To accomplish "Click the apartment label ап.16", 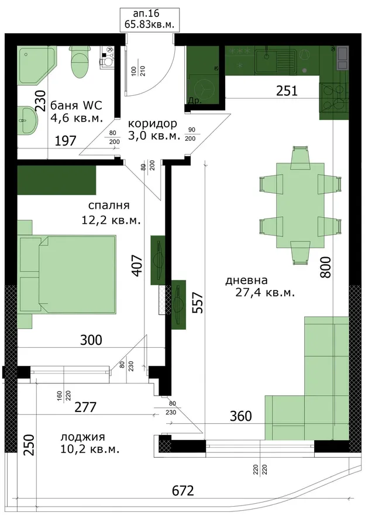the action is point(146,14).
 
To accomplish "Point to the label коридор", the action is point(153,124).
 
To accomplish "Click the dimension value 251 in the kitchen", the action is point(287,91).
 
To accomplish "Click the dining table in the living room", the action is point(300,205).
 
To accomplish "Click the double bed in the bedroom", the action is point(67,275).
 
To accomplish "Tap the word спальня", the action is point(109,205).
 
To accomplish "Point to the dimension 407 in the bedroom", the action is point(137,266).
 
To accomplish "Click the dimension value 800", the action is point(325,267).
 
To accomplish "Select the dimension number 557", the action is point(198,303).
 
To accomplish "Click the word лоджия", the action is point(82,437).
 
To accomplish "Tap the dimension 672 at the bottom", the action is point(183,491).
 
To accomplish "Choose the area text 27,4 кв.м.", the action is point(265,293).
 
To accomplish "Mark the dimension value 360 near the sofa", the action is point(241,416).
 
